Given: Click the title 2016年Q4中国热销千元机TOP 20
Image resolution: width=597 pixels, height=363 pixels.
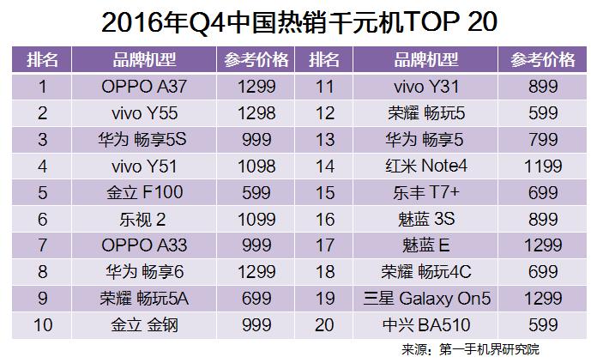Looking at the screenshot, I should point(298,22).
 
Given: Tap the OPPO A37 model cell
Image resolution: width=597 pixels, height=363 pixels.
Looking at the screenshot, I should point(142,86).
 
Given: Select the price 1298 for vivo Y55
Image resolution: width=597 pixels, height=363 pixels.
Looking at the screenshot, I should point(258,112).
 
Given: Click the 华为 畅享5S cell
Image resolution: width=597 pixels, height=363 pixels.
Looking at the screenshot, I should point(142,139).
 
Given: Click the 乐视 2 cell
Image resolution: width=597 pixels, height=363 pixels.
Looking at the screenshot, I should point(142,219).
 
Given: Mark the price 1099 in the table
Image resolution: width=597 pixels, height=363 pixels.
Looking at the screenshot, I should point(258,219).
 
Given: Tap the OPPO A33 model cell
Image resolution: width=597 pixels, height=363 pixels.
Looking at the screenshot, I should point(142,245).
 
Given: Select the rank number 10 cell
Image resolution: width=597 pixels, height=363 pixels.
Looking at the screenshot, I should point(42,324).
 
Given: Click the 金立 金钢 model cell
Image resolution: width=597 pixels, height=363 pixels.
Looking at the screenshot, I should point(142,324).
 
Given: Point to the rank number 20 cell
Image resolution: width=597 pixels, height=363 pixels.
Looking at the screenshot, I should point(325,324).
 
